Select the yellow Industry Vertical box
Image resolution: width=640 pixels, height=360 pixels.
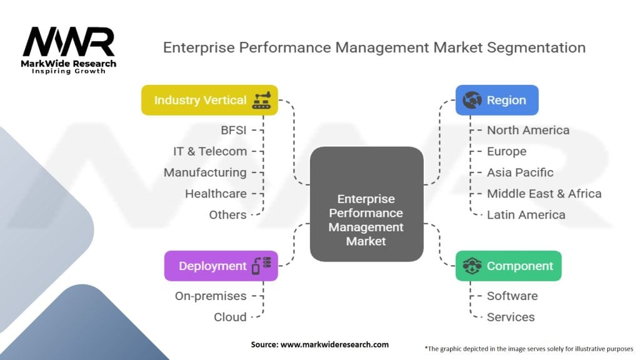[x=209, y=100]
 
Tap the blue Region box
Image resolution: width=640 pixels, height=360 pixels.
[x=496, y=100]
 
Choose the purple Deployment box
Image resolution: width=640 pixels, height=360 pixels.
[x=221, y=266]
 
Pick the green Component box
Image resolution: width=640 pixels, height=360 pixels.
[x=508, y=266]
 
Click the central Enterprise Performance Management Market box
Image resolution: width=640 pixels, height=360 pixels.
[x=366, y=212]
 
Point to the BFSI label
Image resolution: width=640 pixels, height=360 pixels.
[x=233, y=130]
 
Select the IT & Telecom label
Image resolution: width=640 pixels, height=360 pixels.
[x=210, y=151]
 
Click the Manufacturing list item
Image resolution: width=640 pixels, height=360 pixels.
[x=205, y=172]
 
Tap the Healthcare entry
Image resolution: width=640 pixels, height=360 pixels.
[x=216, y=193]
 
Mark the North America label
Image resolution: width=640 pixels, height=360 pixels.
[x=528, y=130]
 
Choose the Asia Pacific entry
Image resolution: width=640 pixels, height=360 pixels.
[x=520, y=172]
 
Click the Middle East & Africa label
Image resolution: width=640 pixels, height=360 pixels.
[x=544, y=193]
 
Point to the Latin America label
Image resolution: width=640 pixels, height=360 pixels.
[x=526, y=214]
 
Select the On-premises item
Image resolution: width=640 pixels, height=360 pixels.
[x=211, y=296]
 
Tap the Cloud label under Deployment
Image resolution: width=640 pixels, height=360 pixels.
[x=230, y=317]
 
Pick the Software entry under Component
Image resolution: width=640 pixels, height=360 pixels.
[x=512, y=296]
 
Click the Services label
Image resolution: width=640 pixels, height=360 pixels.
[x=511, y=317]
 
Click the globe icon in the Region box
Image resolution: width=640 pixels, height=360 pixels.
[x=472, y=100]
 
